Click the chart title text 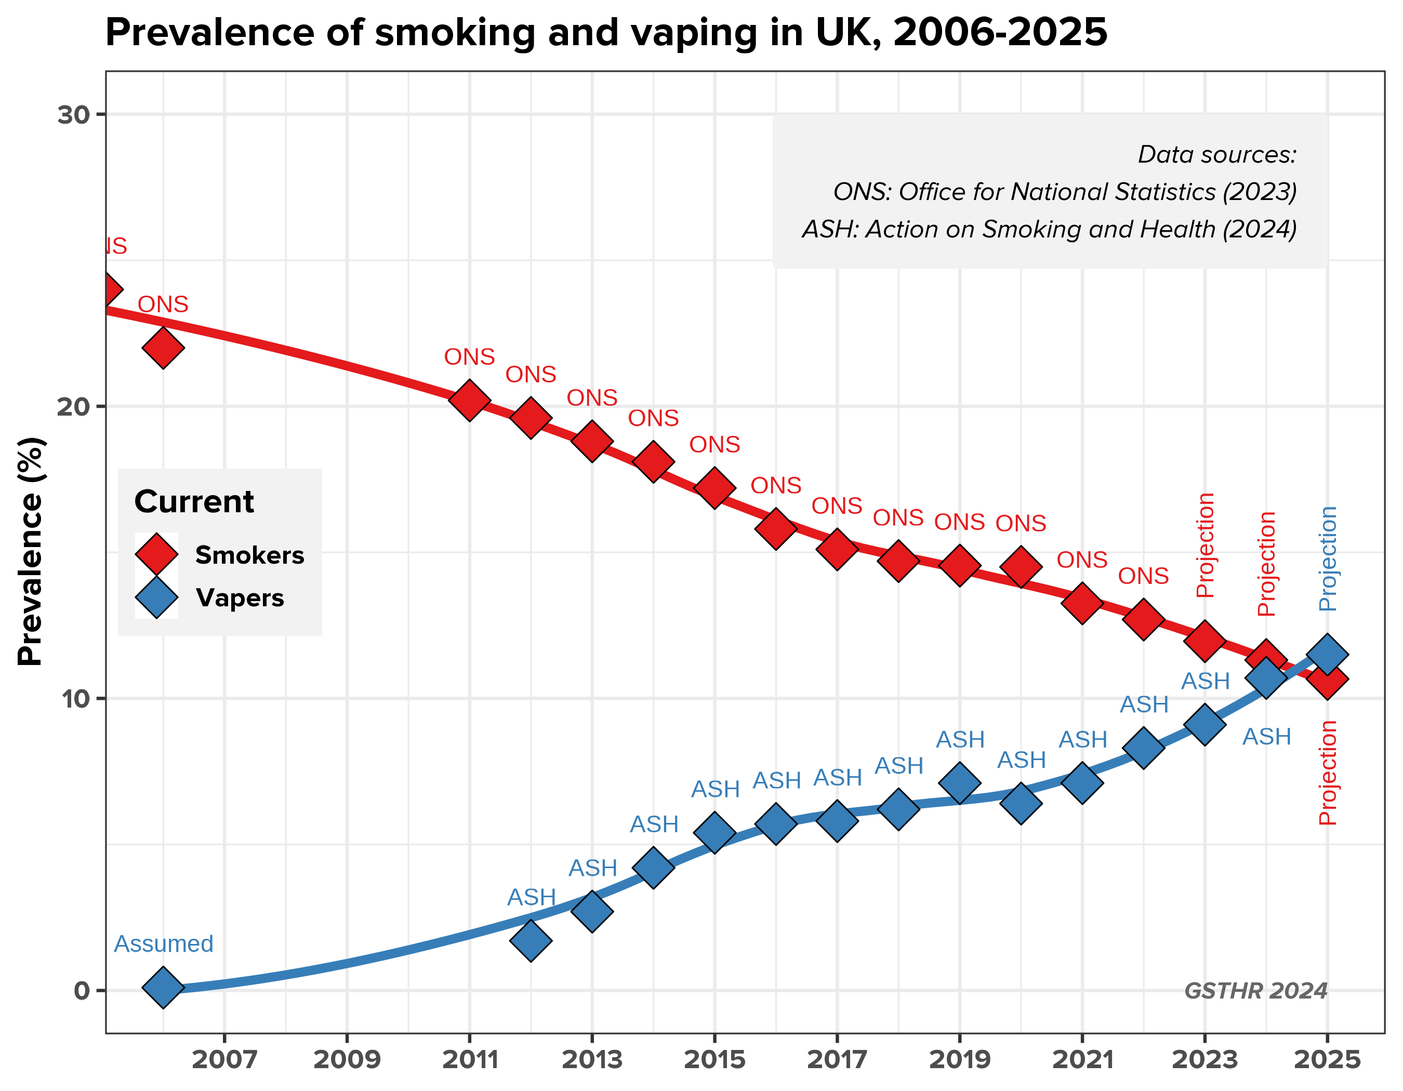click(x=606, y=32)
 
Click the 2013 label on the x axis click(x=592, y=1060)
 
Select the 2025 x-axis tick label click(x=1327, y=1060)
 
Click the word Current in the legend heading click(x=194, y=501)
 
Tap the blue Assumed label click(x=163, y=944)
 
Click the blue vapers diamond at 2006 click(x=163, y=987)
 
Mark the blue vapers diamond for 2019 click(x=959, y=783)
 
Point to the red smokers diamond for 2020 click(x=1021, y=567)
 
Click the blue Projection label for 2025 click(x=1327, y=558)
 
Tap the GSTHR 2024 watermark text click(x=1255, y=991)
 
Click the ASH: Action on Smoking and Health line click(x=1049, y=229)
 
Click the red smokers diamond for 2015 click(x=714, y=487)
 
